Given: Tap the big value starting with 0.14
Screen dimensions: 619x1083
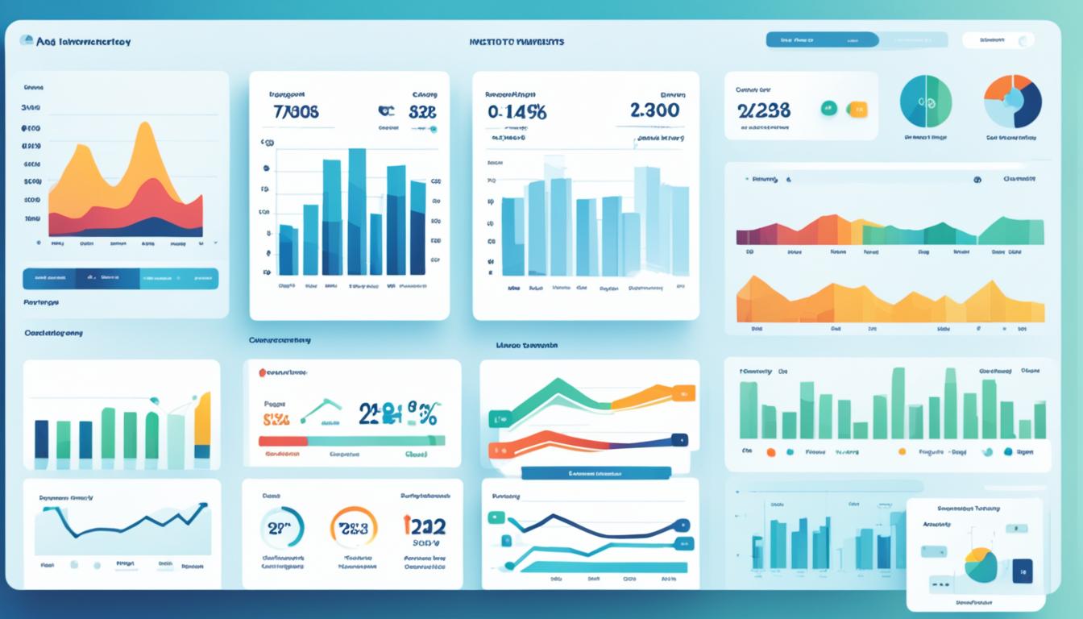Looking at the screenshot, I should (x=517, y=113).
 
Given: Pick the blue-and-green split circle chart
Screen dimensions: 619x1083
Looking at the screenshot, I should (x=926, y=102).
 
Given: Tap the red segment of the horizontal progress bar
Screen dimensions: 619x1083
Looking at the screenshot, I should (x=283, y=441).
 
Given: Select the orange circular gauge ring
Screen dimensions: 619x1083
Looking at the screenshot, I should (x=354, y=528).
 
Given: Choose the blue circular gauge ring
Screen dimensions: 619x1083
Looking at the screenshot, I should (x=282, y=528).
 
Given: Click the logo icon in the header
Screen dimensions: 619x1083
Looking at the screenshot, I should (x=25, y=40).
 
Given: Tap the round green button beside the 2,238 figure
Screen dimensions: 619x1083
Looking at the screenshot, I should (x=828, y=109).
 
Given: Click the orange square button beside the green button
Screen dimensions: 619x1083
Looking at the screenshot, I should (x=857, y=110).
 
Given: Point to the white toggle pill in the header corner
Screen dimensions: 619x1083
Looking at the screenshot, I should (x=998, y=40).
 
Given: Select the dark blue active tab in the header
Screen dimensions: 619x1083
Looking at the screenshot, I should (x=822, y=39).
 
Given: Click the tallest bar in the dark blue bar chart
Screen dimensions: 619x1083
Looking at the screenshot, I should (x=357, y=212).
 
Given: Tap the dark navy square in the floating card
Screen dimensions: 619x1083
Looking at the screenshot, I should (x=1022, y=570).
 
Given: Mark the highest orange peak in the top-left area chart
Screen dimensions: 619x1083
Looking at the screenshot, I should (x=145, y=129).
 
